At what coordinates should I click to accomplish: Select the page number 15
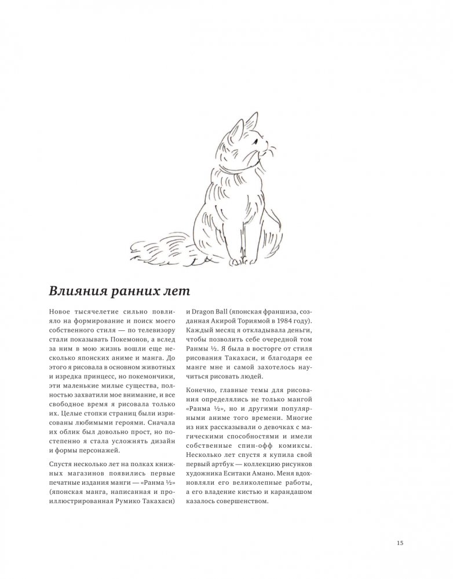pos(400,543)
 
